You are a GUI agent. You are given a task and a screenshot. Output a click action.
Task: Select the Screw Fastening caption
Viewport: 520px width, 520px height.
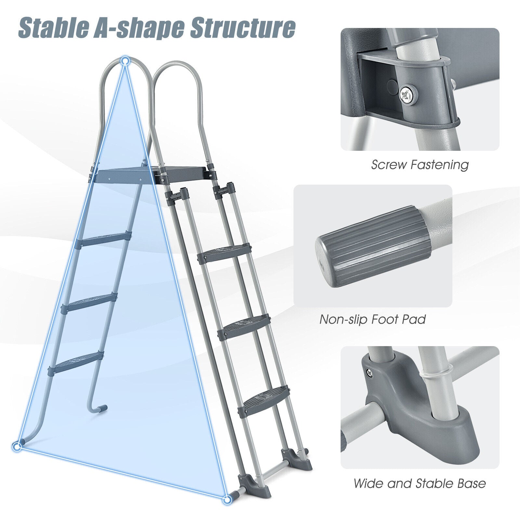pos(420,165)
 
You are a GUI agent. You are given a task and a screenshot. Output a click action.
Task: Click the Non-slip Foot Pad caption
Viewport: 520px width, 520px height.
pos(373,319)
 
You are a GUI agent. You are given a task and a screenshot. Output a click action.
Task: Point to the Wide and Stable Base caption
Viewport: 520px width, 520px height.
pos(420,483)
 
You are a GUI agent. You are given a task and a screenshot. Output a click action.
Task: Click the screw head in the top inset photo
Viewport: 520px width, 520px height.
pos(408,94)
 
